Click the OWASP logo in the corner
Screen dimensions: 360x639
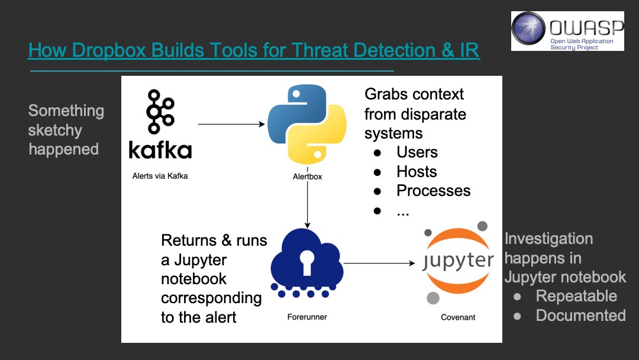point(567,31)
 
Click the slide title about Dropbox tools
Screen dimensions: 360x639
point(254,50)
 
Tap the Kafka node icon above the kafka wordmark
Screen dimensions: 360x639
point(159,112)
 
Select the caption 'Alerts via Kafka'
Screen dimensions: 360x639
point(160,176)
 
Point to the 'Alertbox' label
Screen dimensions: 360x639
point(307,176)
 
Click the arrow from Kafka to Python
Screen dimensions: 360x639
point(231,124)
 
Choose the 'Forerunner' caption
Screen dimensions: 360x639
point(306,317)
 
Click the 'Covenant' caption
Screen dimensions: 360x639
point(458,317)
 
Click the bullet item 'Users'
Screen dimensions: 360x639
point(417,152)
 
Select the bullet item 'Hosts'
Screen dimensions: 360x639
point(417,172)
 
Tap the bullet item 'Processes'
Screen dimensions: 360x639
point(433,191)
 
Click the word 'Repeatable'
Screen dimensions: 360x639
point(576,296)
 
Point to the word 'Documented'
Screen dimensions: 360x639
point(580,316)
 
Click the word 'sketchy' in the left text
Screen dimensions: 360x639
point(55,130)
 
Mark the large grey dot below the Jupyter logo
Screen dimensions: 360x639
point(433,298)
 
